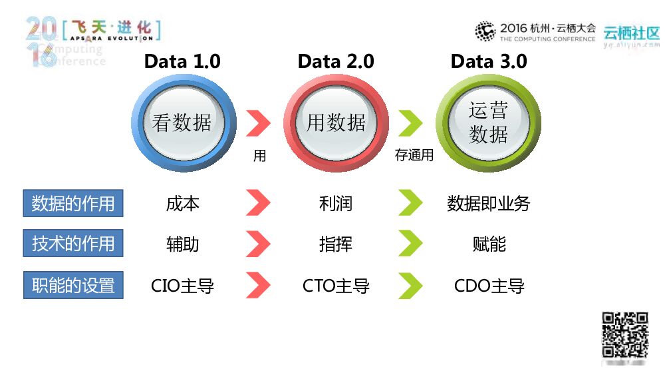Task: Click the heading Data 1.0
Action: pos(182,61)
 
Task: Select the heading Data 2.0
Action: pos(336,61)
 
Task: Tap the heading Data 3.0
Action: pos(489,61)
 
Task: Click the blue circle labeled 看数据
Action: pos(182,123)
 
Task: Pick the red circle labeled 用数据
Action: pos(336,123)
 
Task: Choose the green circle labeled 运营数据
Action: pos(489,123)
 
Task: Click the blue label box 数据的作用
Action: pos(73,203)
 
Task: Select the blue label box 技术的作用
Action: pos(73,244)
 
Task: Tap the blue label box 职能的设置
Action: pos(73,286)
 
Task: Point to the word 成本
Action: pos(182,203)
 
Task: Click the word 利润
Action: pos(336,203)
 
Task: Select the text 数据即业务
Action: pos(489,203)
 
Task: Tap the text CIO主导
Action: pos(182,286)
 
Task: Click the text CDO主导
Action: pos(489,286)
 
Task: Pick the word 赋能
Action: pos(489,244)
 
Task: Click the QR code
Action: pos(624,335)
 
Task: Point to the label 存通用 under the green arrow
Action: pos(414,156)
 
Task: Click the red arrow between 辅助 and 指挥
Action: pos(258,244)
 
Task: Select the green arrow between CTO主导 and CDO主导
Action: pos(410,286)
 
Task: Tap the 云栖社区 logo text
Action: pos(631,33)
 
